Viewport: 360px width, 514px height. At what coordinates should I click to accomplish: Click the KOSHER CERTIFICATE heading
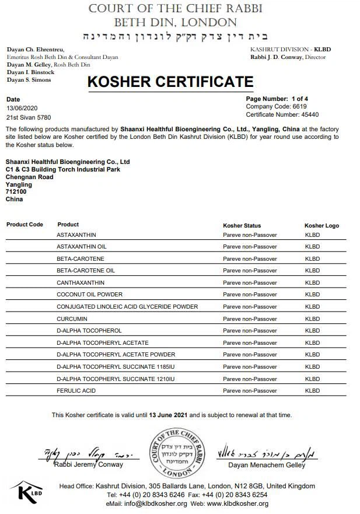(x=170, y=82)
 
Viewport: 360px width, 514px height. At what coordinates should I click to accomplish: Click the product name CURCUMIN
(x=72, y=319)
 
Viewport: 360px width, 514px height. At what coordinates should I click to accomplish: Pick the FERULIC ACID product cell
(x=76, y=390)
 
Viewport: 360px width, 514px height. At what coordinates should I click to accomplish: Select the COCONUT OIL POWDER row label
(x=89, y=295)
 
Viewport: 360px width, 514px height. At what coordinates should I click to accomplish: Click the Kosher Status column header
(x=242, y=225)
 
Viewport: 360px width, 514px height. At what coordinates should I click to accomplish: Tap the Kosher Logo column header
(x=321, y=225)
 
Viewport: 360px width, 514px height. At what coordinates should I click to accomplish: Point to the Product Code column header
(x=25, y=225)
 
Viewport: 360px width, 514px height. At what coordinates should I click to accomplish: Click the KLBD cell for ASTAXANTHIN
(x=312, y=235)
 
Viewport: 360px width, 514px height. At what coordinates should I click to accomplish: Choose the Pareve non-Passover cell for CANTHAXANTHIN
(x=250, y=282)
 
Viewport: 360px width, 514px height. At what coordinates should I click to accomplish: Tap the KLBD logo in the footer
(x=27, y=492)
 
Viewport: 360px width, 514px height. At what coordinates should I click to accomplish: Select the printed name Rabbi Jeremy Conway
(x=89, y=464)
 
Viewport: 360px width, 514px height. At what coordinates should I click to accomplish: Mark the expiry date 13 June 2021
(x=169, y=415)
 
